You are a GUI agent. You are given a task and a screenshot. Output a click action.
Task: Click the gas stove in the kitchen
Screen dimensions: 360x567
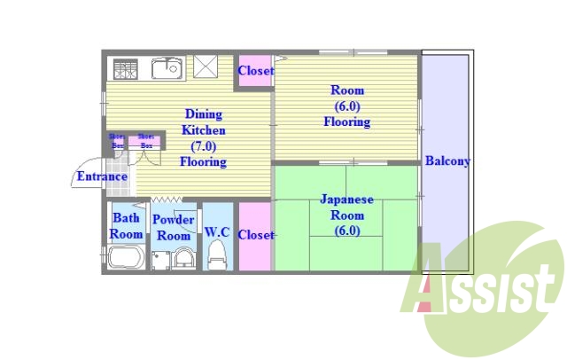(124, 68)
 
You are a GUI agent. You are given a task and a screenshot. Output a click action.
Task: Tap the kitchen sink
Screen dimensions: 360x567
(166, 67)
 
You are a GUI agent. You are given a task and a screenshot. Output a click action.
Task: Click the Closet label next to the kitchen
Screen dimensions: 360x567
(255, 71)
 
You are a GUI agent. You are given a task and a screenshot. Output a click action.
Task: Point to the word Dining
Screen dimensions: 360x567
(204, 114)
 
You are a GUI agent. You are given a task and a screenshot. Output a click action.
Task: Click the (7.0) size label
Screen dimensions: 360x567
(204, 146)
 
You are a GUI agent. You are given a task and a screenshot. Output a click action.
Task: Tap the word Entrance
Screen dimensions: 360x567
(102, 176)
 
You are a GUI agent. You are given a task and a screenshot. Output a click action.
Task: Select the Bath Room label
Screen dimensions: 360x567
(126, 226)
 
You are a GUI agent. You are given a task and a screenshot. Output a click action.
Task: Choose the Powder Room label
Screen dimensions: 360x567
(173, 228)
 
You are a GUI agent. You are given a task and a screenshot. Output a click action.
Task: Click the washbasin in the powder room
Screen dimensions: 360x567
(184, 258)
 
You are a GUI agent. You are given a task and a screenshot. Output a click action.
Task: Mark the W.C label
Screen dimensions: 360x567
(217, 232)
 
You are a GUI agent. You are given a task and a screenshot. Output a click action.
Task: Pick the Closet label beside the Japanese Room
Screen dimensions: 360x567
(255, 235)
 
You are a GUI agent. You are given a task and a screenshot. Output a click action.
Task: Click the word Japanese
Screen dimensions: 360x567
(346, 200)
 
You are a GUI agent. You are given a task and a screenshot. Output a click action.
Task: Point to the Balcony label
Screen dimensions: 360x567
(447, 161)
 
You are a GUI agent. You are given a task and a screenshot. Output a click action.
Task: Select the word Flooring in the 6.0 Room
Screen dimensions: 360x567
(346, 121)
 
